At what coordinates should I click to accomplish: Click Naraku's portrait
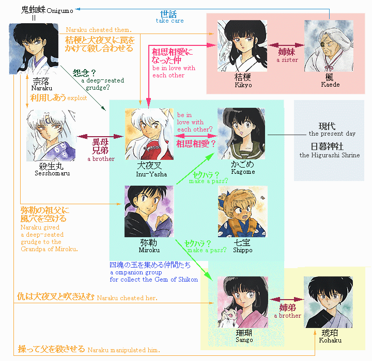34,49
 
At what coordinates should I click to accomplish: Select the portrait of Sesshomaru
51,135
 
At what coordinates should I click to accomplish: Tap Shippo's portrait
243,211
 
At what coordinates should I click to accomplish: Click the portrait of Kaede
329,46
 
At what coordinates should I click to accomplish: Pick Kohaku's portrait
329,302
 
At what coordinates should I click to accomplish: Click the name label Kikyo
243,85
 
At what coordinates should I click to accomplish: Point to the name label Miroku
149,250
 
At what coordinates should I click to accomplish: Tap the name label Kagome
243,172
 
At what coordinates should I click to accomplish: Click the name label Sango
244,340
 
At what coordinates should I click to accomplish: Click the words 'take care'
169,21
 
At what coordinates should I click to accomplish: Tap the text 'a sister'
287,60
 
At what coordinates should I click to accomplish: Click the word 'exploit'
77,98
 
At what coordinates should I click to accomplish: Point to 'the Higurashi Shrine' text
330,155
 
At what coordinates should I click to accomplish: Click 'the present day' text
332,134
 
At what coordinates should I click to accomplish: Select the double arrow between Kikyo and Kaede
286,45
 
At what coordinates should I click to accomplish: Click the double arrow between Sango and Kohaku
287,300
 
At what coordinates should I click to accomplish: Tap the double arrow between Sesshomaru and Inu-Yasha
100,137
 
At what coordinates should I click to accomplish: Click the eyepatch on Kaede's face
323,44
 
